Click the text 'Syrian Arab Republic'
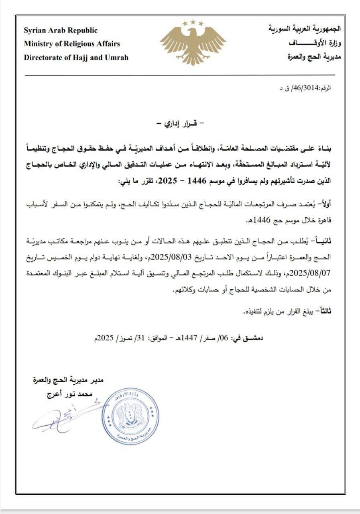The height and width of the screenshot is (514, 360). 61,31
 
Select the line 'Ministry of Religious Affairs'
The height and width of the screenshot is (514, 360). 72,44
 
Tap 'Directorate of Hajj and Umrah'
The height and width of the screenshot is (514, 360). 76,57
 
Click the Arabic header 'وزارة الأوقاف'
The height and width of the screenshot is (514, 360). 314,43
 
